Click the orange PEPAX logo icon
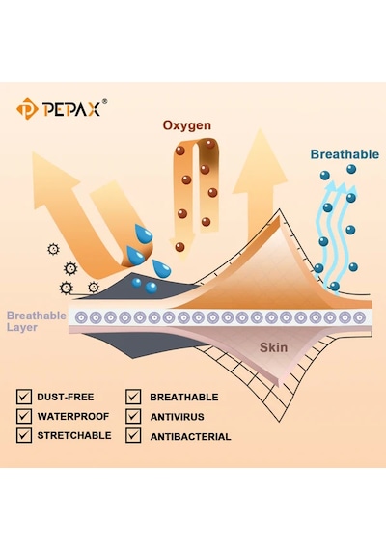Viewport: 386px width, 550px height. click(27, 109)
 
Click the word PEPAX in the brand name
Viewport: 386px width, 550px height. click(71, 109)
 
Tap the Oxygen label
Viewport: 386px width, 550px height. click(187, 125)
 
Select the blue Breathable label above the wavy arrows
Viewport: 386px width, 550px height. click(345, 154)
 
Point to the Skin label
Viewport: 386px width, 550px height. click(273, 347)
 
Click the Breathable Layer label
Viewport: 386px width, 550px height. click(36, 321)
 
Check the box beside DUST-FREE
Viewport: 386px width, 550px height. click(24, 397)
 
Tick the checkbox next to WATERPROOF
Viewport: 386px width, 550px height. click(24, 416)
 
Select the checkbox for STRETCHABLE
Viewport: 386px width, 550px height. click(24, 435)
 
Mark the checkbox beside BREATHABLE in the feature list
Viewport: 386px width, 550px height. click(133, 397)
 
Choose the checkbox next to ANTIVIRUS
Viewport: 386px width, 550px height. click(133, 416)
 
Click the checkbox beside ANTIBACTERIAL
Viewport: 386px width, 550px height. click(133, 435)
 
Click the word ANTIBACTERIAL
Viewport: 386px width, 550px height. click(190, 437)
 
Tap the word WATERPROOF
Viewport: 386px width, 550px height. click(73, 416)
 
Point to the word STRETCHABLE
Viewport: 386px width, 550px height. click(74, 435)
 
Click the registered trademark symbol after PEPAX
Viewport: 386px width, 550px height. click(104, 101)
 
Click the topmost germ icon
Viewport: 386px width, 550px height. click(53, 249)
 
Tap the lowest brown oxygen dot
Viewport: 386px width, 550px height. click(179, 247)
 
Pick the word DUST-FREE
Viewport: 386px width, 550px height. click(66, 398)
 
